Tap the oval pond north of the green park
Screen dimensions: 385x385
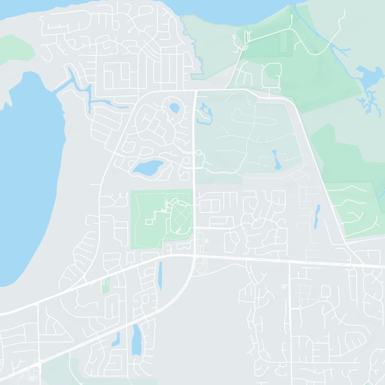148,168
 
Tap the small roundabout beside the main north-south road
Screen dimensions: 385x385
198,153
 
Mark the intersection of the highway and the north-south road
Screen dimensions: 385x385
194,257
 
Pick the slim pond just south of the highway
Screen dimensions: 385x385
160,276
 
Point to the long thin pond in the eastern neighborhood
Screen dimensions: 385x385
317,217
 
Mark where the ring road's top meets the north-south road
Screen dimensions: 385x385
194,90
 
